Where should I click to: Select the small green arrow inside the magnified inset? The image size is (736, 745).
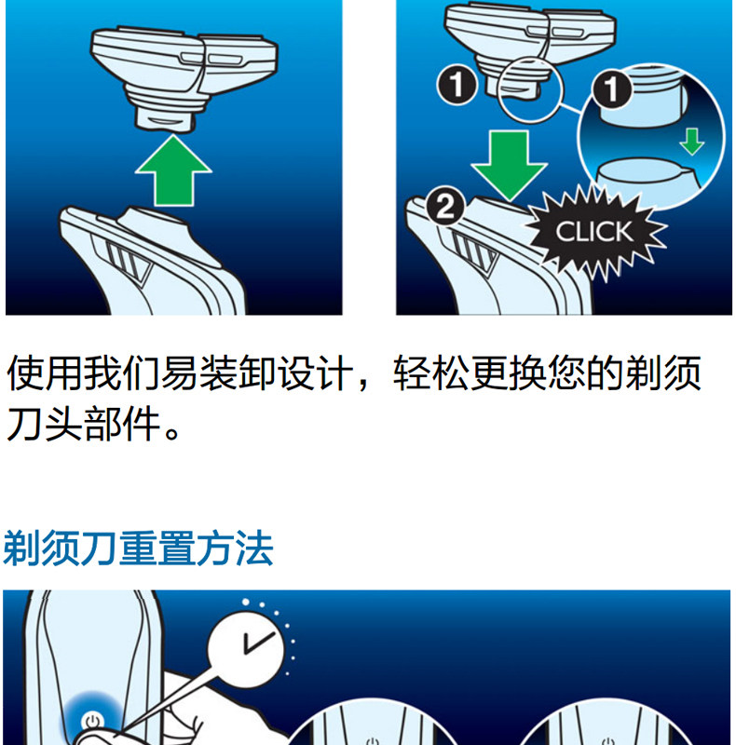[690, 142]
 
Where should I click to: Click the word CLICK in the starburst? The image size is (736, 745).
[593, 231]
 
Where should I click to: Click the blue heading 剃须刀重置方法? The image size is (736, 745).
[139, 549]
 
